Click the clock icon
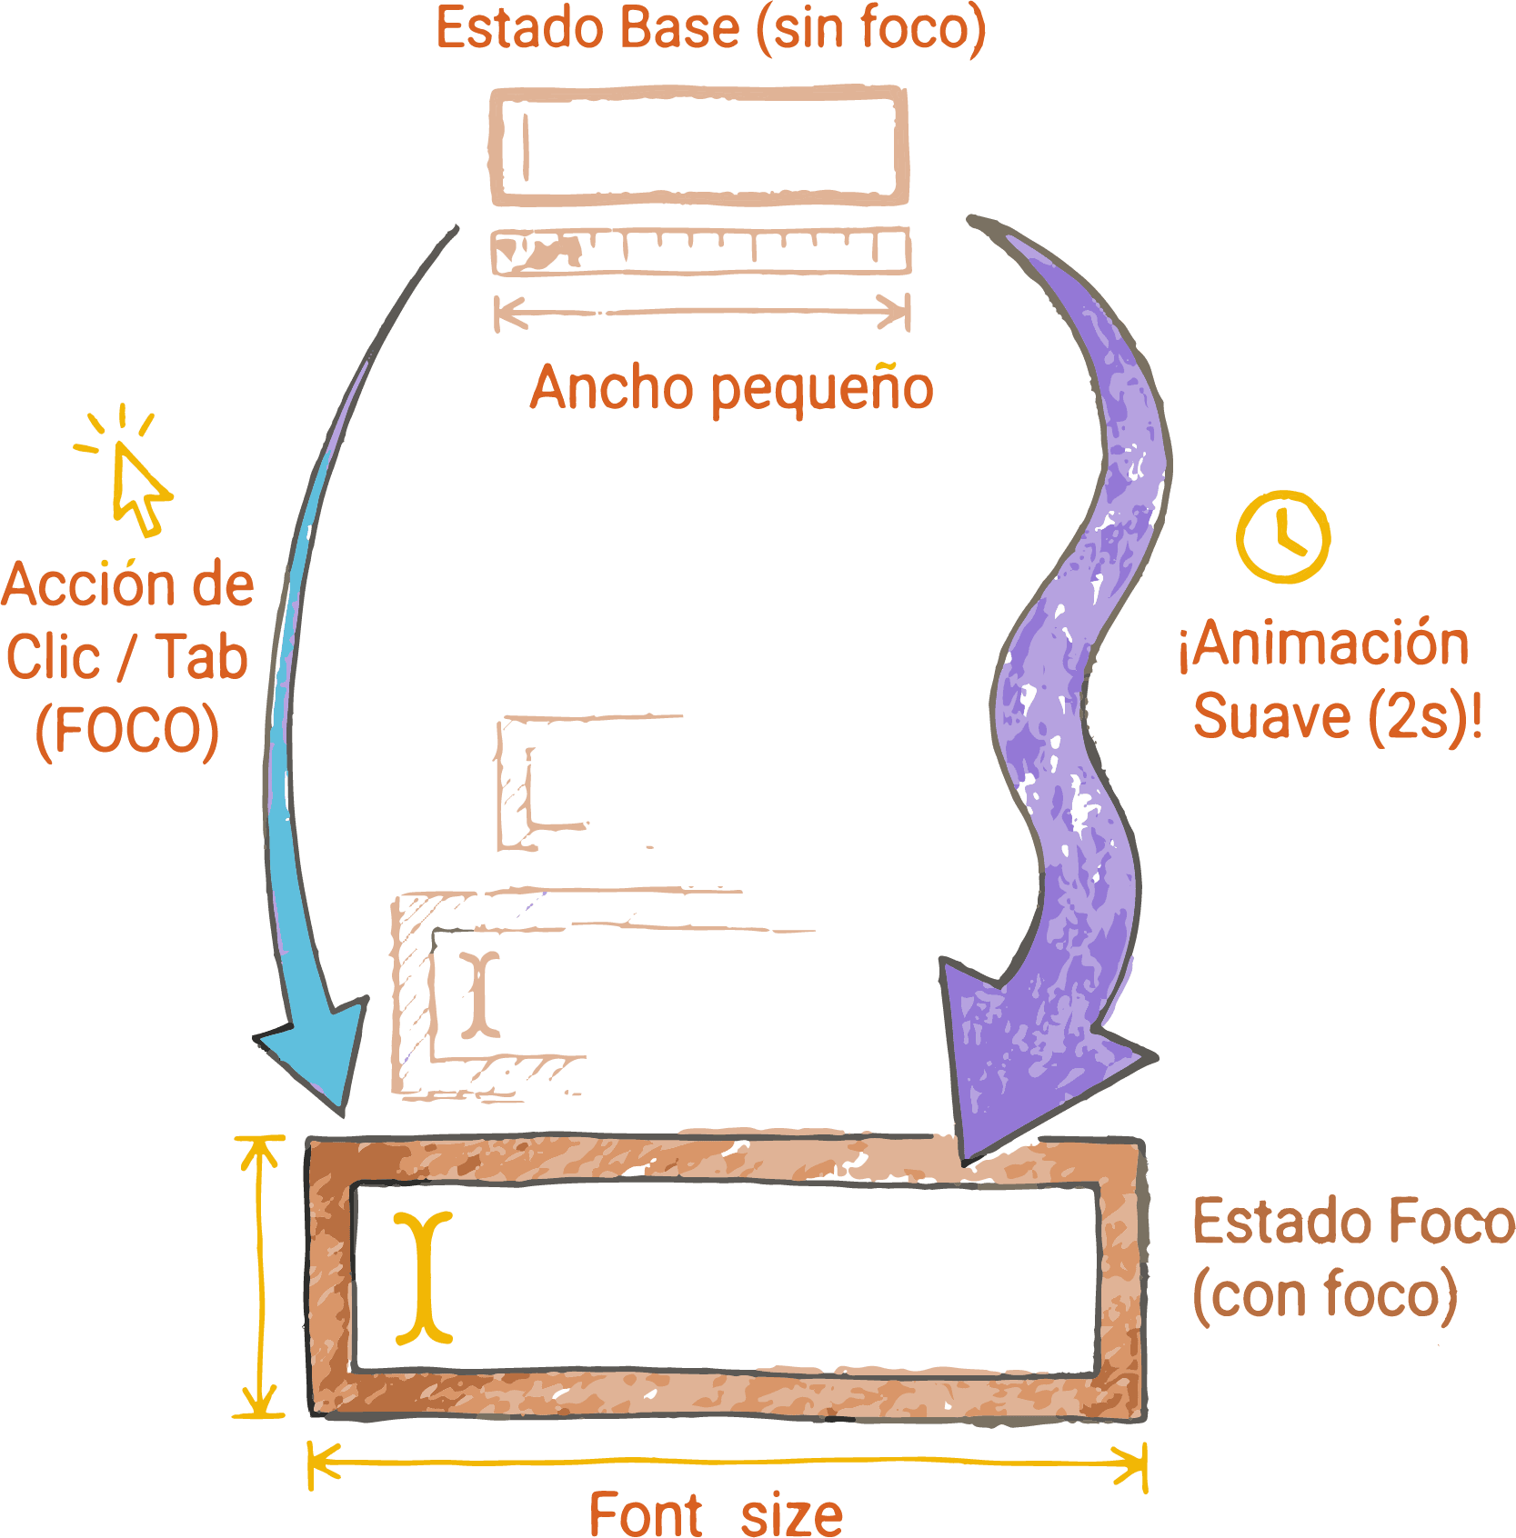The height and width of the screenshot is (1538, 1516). [x=1282, y=536]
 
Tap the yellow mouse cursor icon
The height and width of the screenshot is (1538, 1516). [x=137, y=487]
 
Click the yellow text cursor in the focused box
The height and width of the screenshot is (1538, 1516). [x=424, y=1277]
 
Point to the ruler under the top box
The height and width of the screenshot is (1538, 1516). [x=700, y=252]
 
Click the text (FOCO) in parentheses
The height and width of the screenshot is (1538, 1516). [x=127, y=732]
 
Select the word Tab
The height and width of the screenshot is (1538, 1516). [x=201, y=657]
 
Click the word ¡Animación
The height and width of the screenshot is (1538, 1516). [x=1323, y=644]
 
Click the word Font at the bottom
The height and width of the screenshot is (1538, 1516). [x=645, y=1514]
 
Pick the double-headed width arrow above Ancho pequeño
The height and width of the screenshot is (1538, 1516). [x=701, y=313]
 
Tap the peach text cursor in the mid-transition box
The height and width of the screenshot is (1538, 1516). [x=479, y=994]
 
